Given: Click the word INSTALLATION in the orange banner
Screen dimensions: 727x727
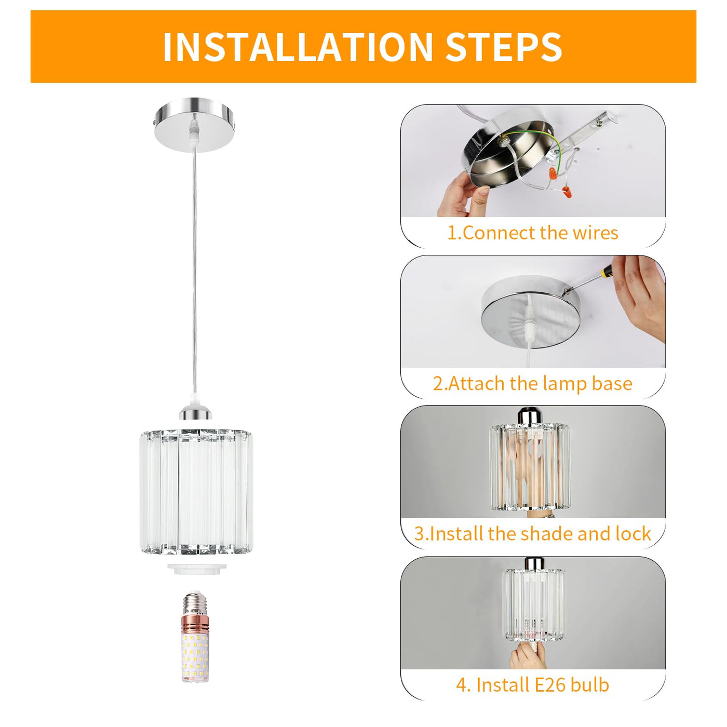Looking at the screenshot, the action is pyautogui.click(x=298, y=47).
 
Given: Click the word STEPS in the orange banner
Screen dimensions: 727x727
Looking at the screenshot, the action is pyautogui.click(x=504, y=47).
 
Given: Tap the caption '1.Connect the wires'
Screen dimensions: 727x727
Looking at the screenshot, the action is pyautogui.click(x=533, y=233).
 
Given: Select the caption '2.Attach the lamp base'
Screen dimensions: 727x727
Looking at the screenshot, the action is pyautogui.click(x=533, y=384).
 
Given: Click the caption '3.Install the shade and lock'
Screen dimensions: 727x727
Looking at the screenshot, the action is pyautogui.click(x=533, y=533).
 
